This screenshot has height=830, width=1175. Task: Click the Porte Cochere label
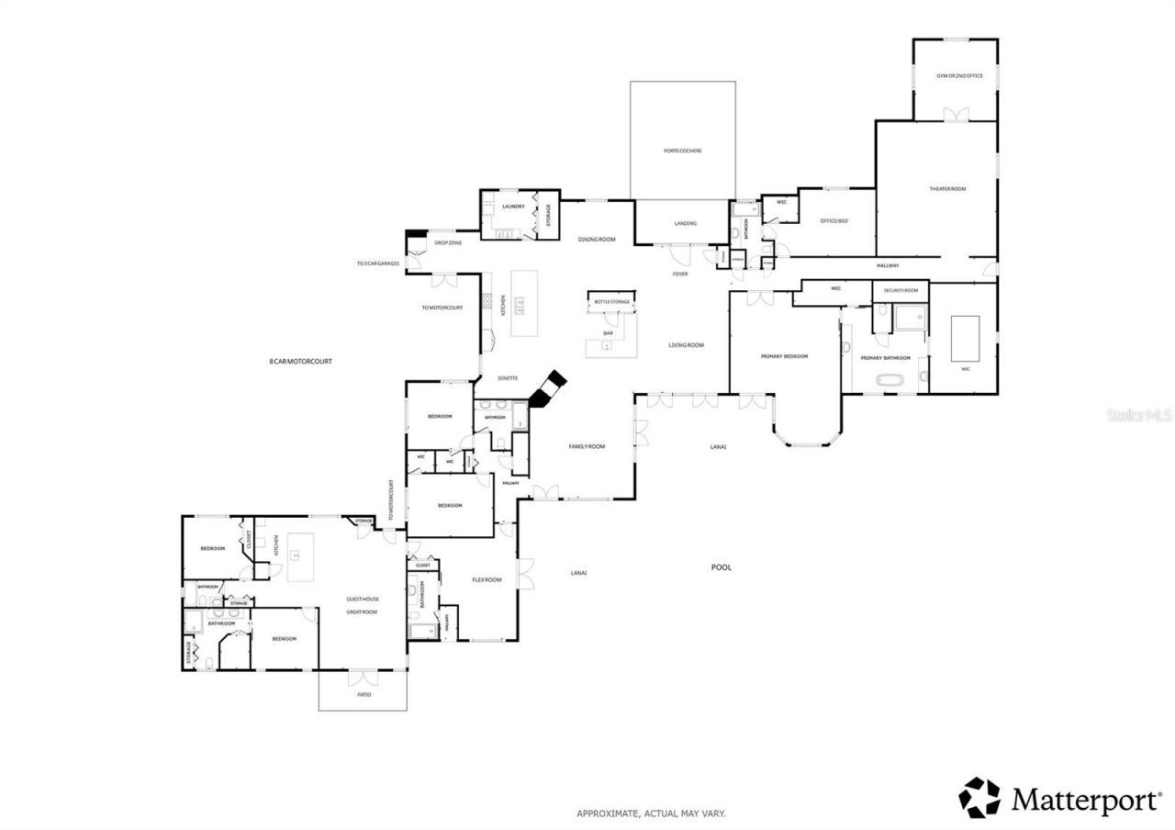[x=682, y=151]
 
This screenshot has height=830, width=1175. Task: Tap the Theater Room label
[x=947, y=189]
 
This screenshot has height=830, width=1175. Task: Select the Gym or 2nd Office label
[x=959, y=75]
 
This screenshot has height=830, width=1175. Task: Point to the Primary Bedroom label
[x=784, y=356]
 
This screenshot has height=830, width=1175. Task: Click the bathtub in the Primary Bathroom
[x=890, y=378]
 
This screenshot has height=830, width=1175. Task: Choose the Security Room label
[x=901, y=290]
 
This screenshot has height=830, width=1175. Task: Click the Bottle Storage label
[x=611, y=301]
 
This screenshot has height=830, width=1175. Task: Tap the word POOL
[x=722, y=567]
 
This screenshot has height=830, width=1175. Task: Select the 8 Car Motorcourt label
[x=300, y=362]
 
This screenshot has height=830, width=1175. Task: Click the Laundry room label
[x=513, y=207]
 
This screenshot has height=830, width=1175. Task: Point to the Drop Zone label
[x=448, y=242]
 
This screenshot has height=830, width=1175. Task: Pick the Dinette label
[x=508, y=378]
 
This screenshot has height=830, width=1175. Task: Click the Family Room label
[x=587, y=446]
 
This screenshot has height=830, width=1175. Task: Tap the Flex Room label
[x=487, y=579]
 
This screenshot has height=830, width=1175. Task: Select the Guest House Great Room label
[x=362, y=605]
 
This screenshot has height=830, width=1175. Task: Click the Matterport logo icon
[x=979, y=797]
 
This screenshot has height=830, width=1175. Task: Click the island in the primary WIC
[x=964, y=338]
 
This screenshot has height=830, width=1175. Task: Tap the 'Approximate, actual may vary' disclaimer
[x=651, y=813]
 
